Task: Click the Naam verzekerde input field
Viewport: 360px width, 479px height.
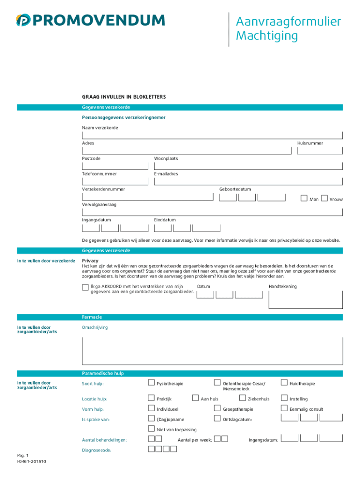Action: pyautogui.click(x=212, y=136)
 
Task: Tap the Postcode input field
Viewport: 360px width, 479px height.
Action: pyautogui.click(x=115, y=166)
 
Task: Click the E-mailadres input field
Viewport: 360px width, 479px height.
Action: pyautogui.click(x=248, y=181)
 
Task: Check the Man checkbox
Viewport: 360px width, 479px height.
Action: pyautogui.click(x=304, y=198)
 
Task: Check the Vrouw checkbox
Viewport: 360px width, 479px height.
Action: pyautogui.click(x=324, y=198)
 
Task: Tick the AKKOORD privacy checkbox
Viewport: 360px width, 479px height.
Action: pyautogui.click(x=85, y=287)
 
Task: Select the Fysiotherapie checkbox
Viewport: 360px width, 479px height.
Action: pyautogui.click(x=151, y=383)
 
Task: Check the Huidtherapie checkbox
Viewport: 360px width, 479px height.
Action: pyautogui.click(x=284, y=383)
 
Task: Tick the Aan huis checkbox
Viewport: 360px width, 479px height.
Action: pyautogui.click(x=195, y=398)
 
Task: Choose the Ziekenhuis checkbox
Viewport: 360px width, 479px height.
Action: pyautogui.click(x=242, y=398)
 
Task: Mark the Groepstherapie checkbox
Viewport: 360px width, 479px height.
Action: pyautogui.click(x=217, y=408)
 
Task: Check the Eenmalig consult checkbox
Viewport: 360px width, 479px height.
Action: pyautogui.click(x=284, y=408)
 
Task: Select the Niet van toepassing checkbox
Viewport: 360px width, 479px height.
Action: pyautogui.click(x=151, y=428)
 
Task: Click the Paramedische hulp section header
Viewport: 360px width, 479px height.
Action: pyautogui.click(x=103, y=373)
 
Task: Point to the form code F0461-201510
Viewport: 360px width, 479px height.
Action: pyautogui.click(x=31, y=461)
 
